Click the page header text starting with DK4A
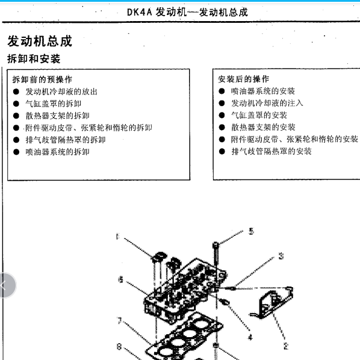point(187,12)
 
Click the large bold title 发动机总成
point(39,41)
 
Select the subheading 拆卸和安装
point(34,59)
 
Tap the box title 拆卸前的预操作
point(42,79)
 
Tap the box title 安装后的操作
point(244,79)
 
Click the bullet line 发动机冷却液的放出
point(61,92)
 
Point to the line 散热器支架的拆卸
point(57,116)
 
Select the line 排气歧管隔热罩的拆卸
point(65,140)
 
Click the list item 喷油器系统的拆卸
point(57,152)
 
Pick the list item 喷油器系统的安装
point(263,91)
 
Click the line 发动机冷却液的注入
point(267,103)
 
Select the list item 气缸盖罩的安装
point(259,115)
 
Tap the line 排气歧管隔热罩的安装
point(272,151)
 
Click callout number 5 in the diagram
point(252,231)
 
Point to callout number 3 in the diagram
point(281,256)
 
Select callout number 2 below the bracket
point(285,346)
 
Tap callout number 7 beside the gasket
point(120,321)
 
